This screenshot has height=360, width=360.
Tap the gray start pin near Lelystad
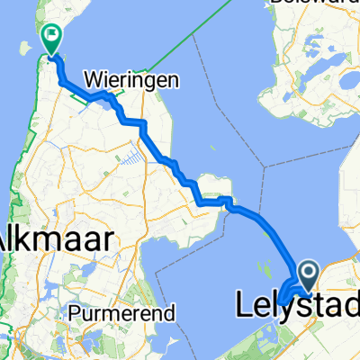(307, 273)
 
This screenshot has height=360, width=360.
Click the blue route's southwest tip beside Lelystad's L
(280, 299)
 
